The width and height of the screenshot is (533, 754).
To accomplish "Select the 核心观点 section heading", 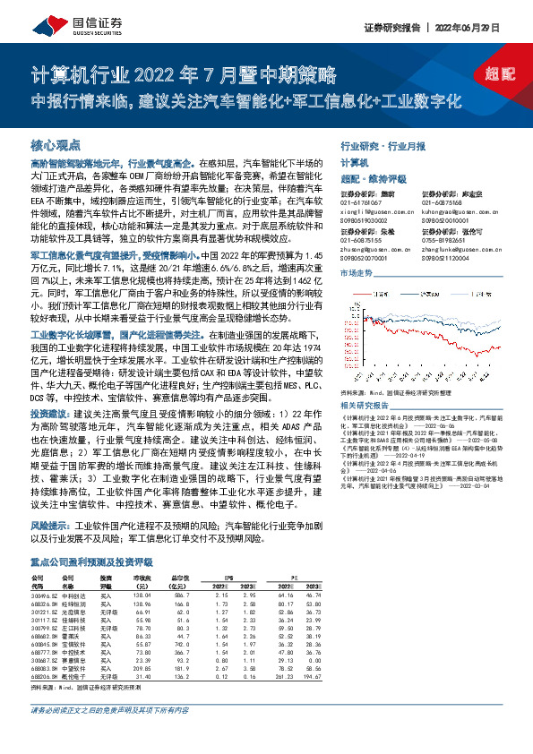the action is (56, 144).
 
